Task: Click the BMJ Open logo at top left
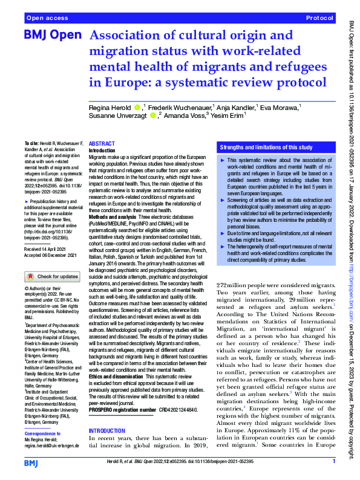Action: click(52, 36)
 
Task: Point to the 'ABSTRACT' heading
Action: click(101, 143)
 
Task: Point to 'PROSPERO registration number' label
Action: click(122, 409)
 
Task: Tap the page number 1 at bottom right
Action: click(334, 461)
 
